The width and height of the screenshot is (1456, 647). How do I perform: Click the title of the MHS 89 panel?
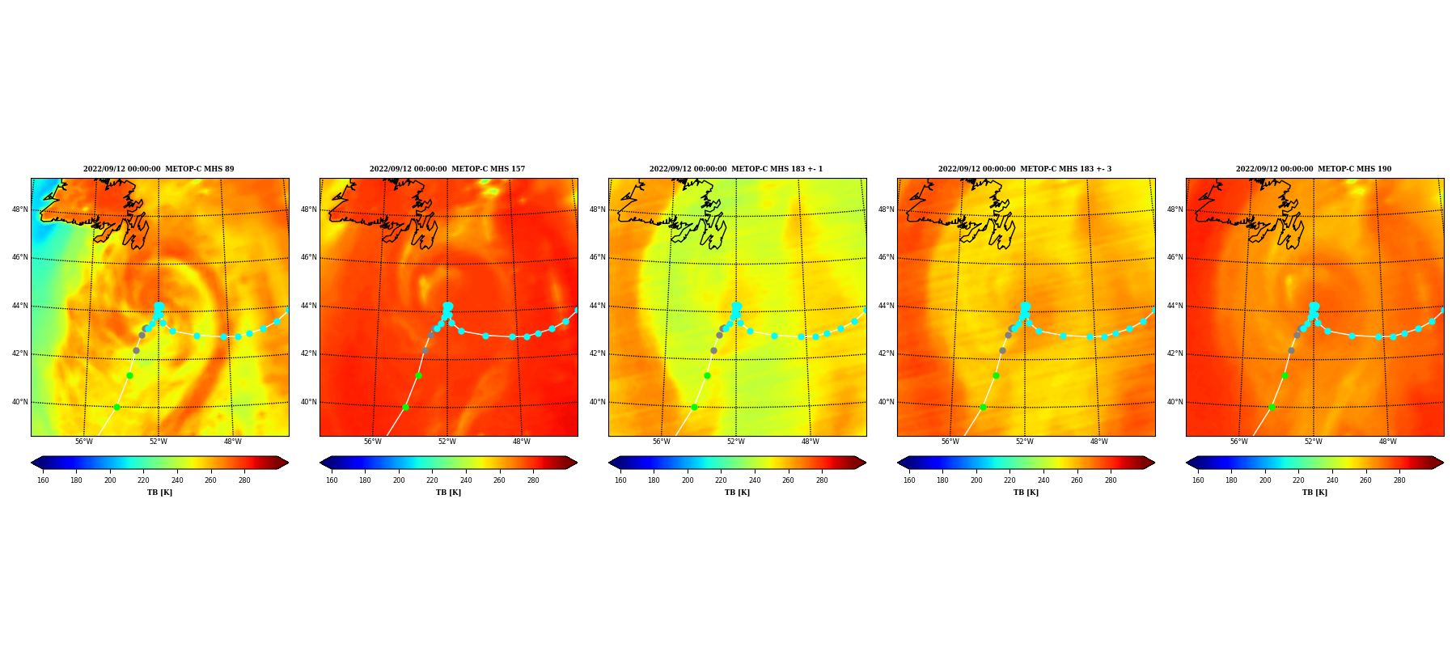click(159, 169)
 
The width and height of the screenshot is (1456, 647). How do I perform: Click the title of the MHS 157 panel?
click(447, 169)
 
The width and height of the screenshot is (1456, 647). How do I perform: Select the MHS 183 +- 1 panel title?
click(736, 169)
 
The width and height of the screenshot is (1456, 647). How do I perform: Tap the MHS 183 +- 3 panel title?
click(1025, 169)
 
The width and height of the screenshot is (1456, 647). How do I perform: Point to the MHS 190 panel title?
click(1314, 169)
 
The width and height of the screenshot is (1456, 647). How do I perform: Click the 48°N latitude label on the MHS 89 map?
click(19, 209)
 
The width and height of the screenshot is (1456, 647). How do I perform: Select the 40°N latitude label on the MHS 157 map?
click(308, 402)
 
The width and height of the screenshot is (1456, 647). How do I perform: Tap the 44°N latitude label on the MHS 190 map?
click(1175, 306)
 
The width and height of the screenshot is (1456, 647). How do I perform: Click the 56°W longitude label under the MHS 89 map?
click(84, 442)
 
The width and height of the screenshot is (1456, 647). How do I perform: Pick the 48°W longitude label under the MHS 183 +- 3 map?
click(1099, 442)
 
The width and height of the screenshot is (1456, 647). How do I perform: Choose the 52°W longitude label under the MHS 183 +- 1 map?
click(736, 442)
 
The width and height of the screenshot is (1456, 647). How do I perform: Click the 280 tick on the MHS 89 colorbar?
click(244, 480)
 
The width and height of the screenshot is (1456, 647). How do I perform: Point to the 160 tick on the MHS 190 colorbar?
click(1198, 480)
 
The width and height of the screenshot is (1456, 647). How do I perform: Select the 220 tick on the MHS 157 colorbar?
click(432, 480)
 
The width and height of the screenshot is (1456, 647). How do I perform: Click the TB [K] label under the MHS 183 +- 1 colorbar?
click(737, 493)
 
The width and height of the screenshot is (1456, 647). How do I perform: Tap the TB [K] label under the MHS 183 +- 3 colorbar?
click(1026, 493)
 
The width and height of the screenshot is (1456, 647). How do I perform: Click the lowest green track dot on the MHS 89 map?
click(116, 407)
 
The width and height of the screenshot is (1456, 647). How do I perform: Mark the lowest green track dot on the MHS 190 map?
click(1272, 407)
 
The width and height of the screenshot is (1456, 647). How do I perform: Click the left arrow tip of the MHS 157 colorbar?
click(320, 463)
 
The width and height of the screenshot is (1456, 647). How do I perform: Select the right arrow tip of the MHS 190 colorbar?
click(1443, 463)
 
